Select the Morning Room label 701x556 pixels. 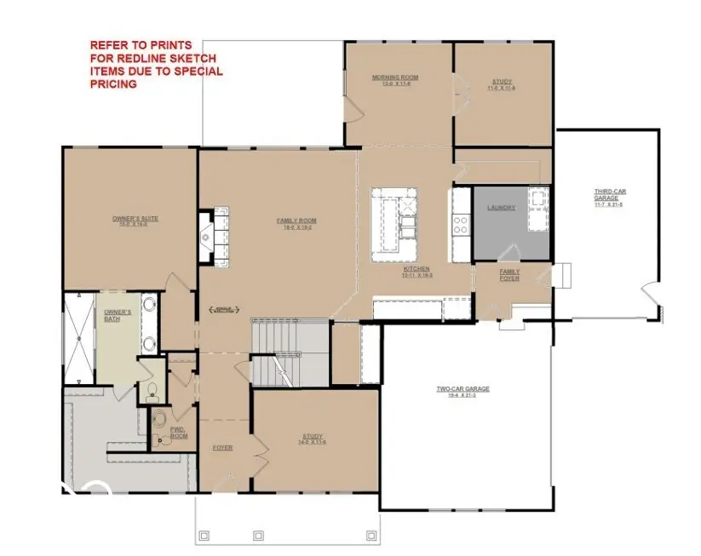coord(395,78)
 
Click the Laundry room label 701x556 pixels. coord(501,208)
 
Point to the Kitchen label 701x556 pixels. coord(417,271)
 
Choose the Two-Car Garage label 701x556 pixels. coord(463,390)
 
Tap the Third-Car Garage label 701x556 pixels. coord(608,196)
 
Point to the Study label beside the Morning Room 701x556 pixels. coord(502,83)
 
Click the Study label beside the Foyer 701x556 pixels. coord(313,438)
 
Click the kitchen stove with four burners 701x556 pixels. coord(461,224)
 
